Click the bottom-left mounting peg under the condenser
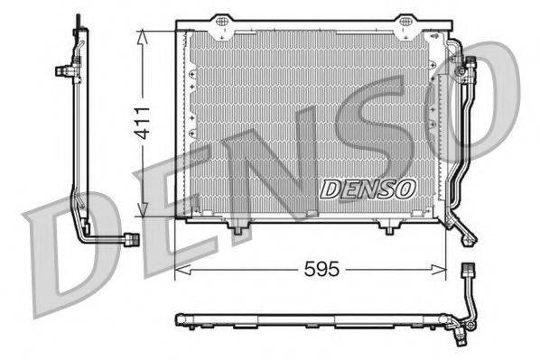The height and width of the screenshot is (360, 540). pos(238,229)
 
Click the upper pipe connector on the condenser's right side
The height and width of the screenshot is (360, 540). pos(468,65)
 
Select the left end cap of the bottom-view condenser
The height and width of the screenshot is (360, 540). pos(179,319)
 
